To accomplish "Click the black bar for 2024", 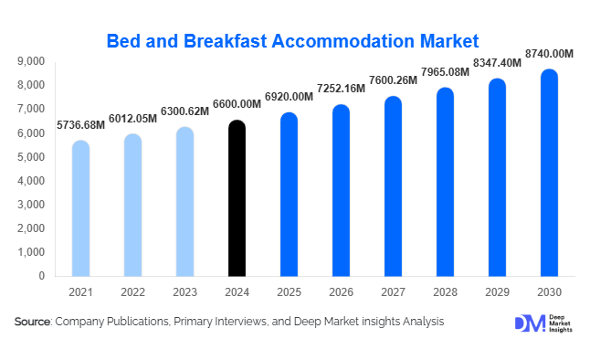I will [237, 198].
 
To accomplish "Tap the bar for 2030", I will [549, 173].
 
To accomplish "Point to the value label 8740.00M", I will [548, 55].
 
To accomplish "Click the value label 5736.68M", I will [80, 124].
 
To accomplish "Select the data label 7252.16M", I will [341, 89].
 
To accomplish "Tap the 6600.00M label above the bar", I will [237, 104].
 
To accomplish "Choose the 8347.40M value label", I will [497, 64].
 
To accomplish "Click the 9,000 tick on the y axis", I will [30, 61].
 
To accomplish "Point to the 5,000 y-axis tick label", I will [30, 157].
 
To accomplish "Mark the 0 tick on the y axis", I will [41, 276].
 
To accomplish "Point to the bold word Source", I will [33, 322].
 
